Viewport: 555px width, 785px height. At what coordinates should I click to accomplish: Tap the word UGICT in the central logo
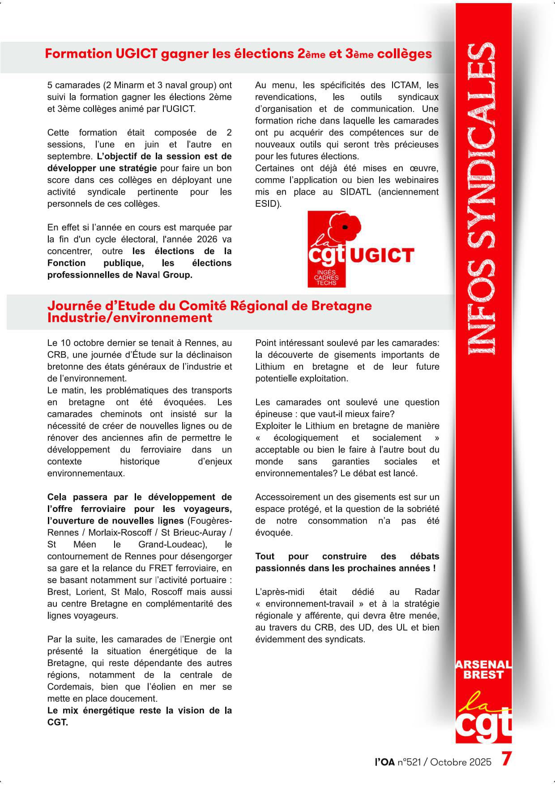[x=381, y=256]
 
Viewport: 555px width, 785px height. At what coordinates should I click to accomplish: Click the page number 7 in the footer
[x=506, y=759]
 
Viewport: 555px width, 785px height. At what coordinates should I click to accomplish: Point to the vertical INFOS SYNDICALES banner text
[x=483, y=197]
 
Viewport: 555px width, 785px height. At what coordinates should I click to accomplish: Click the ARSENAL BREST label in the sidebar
[x=483, y=670]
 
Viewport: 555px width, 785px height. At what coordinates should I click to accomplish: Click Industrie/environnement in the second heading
[x=130, y=318]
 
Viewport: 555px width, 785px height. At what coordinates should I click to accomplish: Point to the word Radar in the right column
[x=427, y=592]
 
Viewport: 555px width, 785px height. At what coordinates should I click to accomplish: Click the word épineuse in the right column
[x=274, y=414]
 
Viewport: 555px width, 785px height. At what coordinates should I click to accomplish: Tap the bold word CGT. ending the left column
[x=58, y=722]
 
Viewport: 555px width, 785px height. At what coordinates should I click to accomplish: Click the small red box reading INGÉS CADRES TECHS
[x=327, y=277]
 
